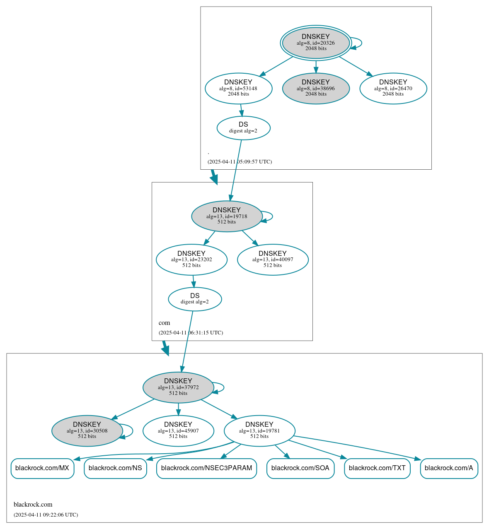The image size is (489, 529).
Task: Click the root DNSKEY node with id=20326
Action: pos(316,43)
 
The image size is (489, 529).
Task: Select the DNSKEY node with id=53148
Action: pos(238,88)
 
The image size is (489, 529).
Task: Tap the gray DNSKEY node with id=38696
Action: pos(316,88)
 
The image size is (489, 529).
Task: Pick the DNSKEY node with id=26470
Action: pos(393,88)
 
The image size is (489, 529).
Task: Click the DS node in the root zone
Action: pos(243,128)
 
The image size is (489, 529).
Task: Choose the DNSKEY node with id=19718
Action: pos(227,216)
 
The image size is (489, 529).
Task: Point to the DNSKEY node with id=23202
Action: pos(191,260)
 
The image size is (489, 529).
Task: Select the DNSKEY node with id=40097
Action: pos(273,260)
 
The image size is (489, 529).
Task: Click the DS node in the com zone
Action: pos(195,299)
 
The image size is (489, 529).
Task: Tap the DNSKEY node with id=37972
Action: pos(178,387)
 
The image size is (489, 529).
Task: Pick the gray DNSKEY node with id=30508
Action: pos(87,431)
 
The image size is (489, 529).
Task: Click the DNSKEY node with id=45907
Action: pos(178,431)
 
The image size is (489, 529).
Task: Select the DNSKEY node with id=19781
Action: pos(259,431)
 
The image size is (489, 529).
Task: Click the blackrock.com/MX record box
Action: pos(42,468)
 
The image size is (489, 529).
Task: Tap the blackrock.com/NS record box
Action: pos(115,468)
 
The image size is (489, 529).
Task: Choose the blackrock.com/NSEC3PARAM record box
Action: pos(206,468)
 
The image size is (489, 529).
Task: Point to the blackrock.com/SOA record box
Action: pos(300,468)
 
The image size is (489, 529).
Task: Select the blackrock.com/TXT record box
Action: pos(377,468)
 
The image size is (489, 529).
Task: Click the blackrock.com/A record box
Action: pos(449,468)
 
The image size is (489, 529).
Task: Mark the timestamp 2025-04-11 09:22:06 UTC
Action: pos(46,515)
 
